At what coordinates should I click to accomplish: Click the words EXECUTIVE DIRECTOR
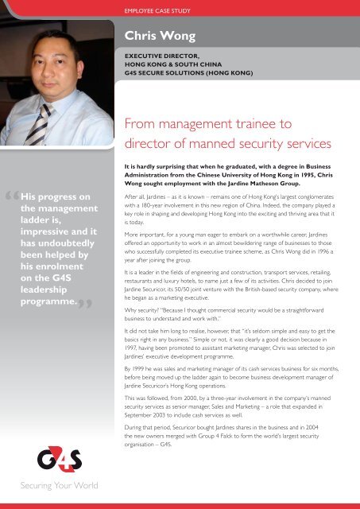[157, 56]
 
